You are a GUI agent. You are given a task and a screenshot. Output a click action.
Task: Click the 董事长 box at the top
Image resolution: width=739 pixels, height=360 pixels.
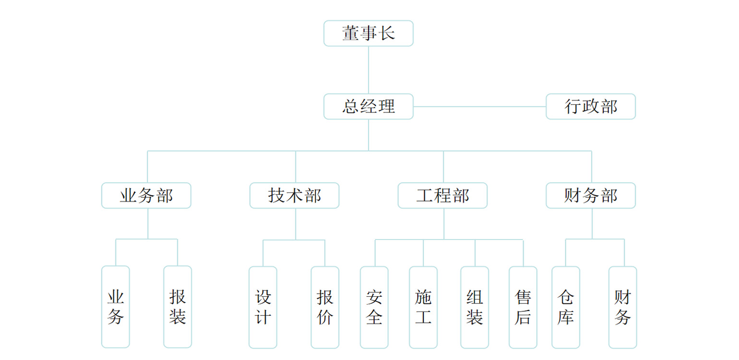368,33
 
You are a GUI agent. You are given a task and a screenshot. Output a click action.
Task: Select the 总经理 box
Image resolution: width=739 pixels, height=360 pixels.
368,107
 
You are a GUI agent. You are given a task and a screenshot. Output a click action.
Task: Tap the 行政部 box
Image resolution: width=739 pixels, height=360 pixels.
590,107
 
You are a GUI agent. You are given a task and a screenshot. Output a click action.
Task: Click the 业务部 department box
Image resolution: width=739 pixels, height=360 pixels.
146,195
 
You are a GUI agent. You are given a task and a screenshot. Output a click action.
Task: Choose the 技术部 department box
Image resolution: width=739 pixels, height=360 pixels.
294,195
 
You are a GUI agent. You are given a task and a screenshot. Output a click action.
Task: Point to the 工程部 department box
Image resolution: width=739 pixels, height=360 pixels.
442,195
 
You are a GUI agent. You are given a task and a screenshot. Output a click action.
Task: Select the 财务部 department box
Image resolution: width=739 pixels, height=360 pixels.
590,195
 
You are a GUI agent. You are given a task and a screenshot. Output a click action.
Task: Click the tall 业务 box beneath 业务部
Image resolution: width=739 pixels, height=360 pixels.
116,307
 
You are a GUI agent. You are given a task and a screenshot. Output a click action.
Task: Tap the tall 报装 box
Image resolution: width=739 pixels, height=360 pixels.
178,307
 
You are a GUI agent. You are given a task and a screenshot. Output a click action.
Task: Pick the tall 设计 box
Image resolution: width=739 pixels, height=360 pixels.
263,307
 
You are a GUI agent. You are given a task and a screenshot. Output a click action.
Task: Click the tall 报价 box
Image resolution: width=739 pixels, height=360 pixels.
325,307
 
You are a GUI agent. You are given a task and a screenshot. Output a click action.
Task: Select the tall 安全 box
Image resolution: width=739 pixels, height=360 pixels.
374,307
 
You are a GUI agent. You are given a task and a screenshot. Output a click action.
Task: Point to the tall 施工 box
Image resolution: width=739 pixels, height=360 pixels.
423,307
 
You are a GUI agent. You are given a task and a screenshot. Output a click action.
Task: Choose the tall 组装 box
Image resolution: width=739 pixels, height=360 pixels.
475,307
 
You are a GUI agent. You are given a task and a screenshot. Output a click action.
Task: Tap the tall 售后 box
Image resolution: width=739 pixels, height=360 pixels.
523,307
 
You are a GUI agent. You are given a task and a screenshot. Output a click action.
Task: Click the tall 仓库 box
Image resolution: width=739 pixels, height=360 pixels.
566,307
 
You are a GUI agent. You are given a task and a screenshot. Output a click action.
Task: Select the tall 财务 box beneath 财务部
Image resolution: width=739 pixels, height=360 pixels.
623,307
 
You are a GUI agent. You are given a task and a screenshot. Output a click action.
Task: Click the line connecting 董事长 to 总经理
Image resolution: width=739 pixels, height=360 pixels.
369,70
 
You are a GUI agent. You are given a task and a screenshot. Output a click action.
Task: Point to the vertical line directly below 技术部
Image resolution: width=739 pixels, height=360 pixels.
296,224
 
